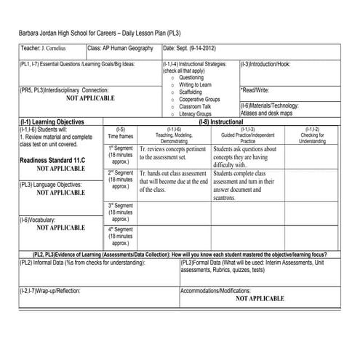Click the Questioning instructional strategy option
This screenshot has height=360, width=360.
pyautogui.click(x=191, y=78)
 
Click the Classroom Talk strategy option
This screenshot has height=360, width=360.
pyautogui.click(x=195, y=107)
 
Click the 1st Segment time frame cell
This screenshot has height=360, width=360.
pyautogui.click(x=120, y=156)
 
